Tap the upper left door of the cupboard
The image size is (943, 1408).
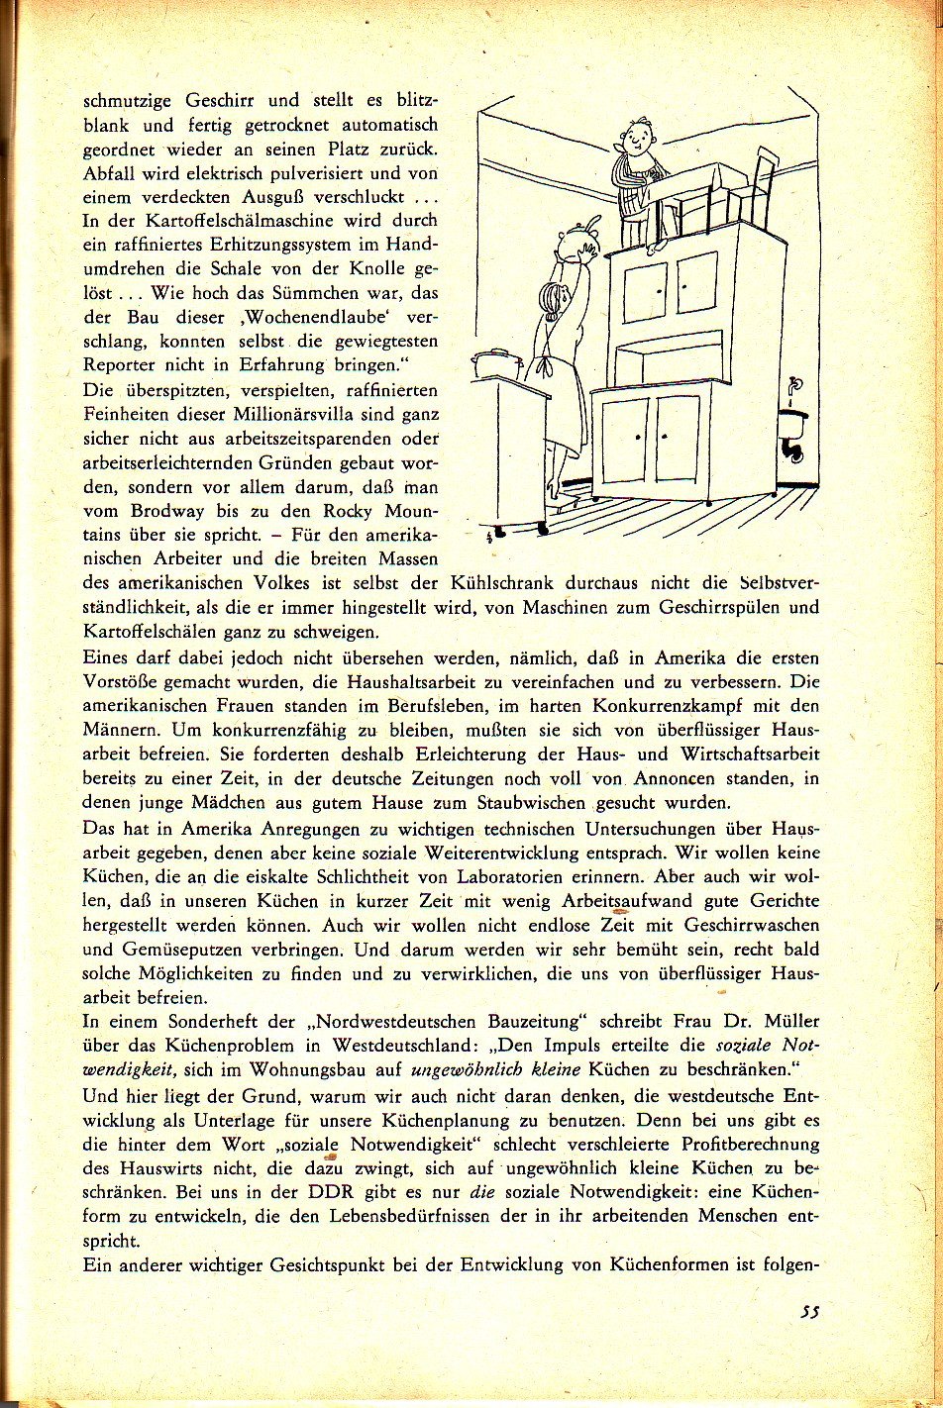coord(644,290)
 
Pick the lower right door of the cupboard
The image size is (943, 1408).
coord(678,439)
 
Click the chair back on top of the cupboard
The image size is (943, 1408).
coord(764,188)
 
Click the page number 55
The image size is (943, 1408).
coord(811,1314)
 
